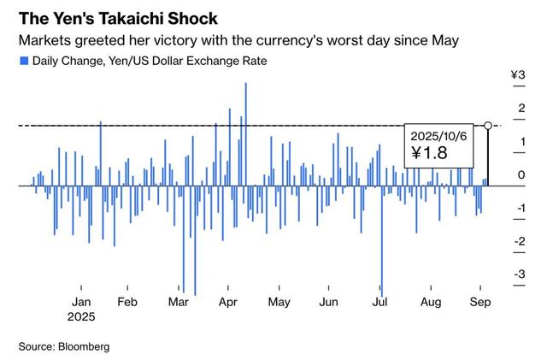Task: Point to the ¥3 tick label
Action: (518, 76)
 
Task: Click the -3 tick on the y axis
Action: (519, 274)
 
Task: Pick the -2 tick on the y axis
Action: (519, 242)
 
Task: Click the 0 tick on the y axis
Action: (521, 175)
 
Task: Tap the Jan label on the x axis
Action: (82, 302)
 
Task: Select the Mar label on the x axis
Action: (179, 302)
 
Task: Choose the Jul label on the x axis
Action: (381, 302)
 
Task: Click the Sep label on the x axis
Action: (482, 302)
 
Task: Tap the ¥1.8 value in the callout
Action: (429, 154)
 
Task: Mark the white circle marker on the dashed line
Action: (488, 126)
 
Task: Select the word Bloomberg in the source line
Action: (84, 346)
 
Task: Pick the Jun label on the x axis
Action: (328, 302)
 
